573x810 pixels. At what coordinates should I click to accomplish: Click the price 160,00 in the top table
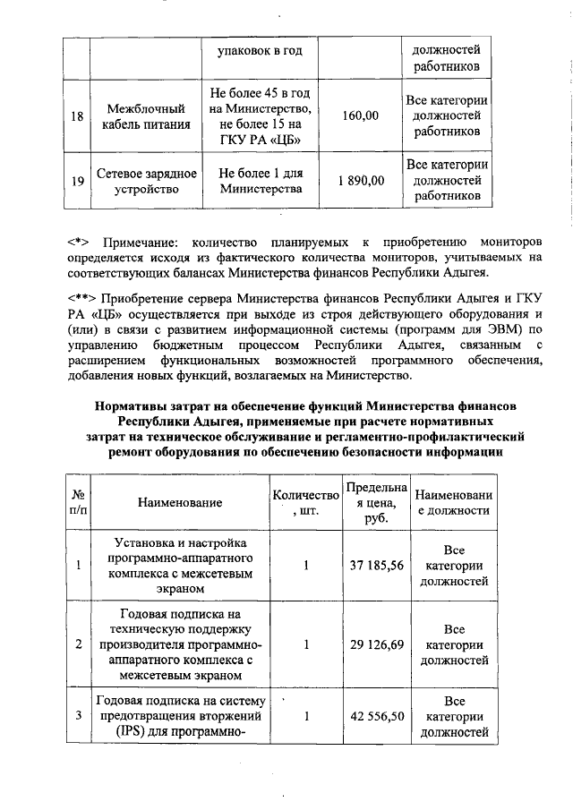tap(360, 116)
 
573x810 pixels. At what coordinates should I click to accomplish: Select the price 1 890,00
tap(360, 181)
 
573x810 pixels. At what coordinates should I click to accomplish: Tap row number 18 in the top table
tap(77, 116)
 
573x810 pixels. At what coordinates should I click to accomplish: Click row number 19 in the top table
tap(77, 181)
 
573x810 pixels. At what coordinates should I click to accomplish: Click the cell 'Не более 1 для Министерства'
tap(261, 181)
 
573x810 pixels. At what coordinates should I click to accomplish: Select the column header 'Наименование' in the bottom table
tap(179, 503)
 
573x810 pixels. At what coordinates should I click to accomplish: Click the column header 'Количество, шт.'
tap(305, 503)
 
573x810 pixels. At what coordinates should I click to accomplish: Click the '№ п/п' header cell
tap(78, 503)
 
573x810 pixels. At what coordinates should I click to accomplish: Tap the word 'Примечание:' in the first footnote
tap(141, 242)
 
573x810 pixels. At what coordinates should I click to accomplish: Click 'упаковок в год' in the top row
tap(261, 51)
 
